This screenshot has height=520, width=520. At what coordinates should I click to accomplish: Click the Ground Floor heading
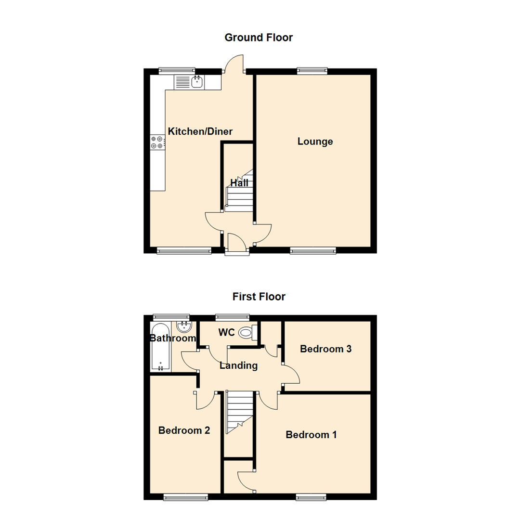coord(259,38)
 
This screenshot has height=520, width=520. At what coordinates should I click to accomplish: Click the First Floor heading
coord(259,297)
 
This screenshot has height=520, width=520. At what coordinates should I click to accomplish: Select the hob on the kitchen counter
coord(157,142)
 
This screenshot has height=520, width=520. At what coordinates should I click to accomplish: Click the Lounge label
coord(315,142)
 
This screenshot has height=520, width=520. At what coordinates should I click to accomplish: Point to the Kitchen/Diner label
coord(200,131)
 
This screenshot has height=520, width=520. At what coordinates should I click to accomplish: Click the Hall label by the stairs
coord(239,183)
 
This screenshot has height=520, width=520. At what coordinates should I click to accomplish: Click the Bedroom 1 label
coord(311,435)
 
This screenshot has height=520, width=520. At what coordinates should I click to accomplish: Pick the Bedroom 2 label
coord(184,430)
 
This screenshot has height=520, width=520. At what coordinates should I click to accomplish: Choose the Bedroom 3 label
coord(325,349)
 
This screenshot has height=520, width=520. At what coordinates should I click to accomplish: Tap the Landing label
coord(238,366)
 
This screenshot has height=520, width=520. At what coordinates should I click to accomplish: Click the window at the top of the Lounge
coord(312,71)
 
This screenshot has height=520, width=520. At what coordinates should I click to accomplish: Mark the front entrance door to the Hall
coord(237,243)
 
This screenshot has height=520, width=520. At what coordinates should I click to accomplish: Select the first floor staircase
coord(239,412)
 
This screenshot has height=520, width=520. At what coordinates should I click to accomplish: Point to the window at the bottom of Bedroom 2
coord(186,496)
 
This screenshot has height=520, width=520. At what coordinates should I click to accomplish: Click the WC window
coord(233,317)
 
